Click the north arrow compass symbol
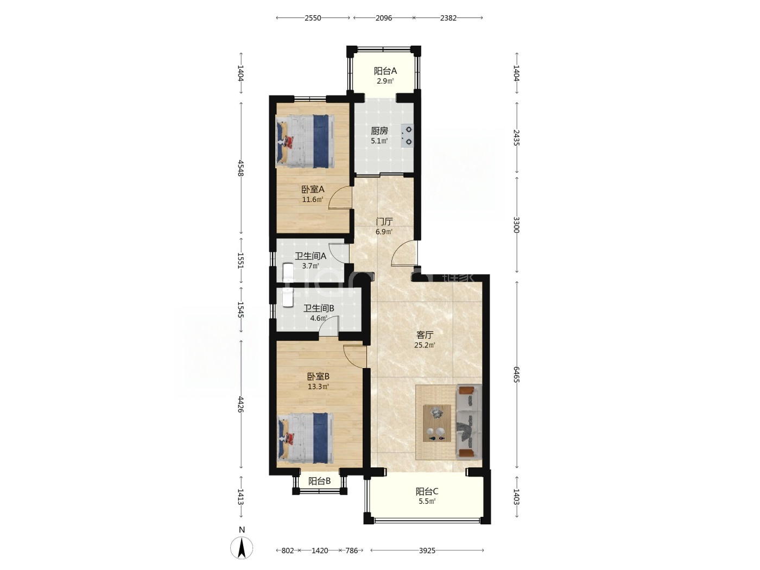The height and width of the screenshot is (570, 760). tap(242, 548)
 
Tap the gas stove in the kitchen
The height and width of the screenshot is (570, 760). tap(407, 135)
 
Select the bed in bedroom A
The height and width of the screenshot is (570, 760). tap(305, 141)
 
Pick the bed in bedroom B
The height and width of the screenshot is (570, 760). tap(305, 438)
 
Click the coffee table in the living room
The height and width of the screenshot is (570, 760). tap(436, 423)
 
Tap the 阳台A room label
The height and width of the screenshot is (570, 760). tap(385, 71)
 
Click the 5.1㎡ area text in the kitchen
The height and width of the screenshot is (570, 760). tap(379, 141)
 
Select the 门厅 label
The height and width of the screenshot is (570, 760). tap(384, 221)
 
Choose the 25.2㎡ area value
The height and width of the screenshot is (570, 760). tap(425, 345)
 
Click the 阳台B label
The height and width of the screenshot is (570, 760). tap(319, 481)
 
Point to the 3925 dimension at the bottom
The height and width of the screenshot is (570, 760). tap(427, 550)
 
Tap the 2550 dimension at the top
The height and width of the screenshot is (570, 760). tap(313, 18)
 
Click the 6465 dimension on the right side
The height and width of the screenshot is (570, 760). tap(516, 375)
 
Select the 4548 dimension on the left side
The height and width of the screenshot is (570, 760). tap(241, 168)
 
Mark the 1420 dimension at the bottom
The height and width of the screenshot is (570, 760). tap(320, 550)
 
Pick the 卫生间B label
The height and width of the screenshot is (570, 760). tap(319, 308)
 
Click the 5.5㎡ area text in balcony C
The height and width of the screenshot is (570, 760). tap(427, 501)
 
